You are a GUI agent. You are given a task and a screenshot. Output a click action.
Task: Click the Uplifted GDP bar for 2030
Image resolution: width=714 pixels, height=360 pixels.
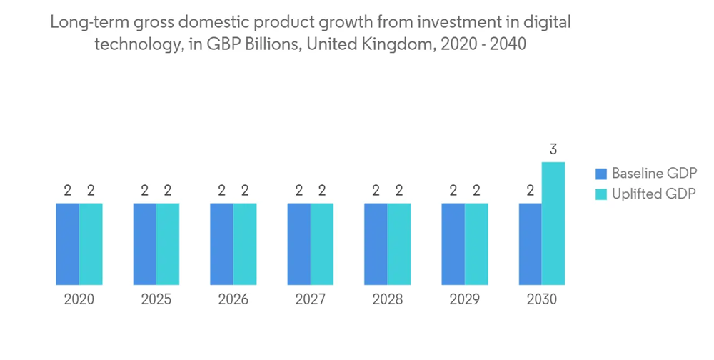[x=553, y=224]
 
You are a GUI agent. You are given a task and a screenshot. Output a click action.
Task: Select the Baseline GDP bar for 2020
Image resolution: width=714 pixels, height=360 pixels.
[x=67, y=244]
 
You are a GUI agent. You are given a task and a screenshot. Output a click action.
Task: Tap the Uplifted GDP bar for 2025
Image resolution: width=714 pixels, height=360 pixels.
[x=168, y=244]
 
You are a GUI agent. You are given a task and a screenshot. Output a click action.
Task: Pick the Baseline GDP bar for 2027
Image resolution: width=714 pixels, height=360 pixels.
[x=299, y=244]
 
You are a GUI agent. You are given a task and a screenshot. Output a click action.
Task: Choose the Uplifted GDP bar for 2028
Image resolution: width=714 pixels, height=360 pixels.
[x=399, y=244]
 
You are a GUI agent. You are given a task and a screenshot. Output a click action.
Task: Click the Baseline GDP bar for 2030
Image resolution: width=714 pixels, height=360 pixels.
[x=531, y=244]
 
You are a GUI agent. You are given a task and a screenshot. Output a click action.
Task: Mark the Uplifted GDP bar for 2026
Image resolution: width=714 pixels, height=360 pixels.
[x=245, y=244]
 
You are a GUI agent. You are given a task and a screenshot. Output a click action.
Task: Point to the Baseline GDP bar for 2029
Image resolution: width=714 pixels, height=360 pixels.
[x=453, y=244]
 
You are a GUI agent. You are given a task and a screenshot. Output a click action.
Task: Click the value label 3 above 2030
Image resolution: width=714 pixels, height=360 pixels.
[x=553, y=150]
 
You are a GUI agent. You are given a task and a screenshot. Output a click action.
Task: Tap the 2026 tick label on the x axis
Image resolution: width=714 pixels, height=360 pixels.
[x=233, y=299]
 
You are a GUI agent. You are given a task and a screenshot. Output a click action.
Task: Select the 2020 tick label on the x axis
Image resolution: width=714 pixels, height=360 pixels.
[x=79, y=299]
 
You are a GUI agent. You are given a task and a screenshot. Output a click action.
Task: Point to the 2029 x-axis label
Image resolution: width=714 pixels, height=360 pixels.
[x=465, y=299]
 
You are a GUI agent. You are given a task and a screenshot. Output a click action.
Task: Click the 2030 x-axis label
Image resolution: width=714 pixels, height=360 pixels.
[x=542, y=299]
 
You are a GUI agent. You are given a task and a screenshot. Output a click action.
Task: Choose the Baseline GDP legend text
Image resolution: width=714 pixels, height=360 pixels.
[x=654, y=174]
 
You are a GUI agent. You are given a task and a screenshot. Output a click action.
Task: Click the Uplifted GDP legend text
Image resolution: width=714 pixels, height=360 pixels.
[x=653, y=194]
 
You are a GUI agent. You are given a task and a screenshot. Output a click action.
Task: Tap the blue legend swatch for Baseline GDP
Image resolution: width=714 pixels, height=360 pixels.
[x=601, y=174]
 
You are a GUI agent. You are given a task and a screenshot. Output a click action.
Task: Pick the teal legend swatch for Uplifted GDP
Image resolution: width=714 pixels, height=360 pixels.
[x=601, y=194]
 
